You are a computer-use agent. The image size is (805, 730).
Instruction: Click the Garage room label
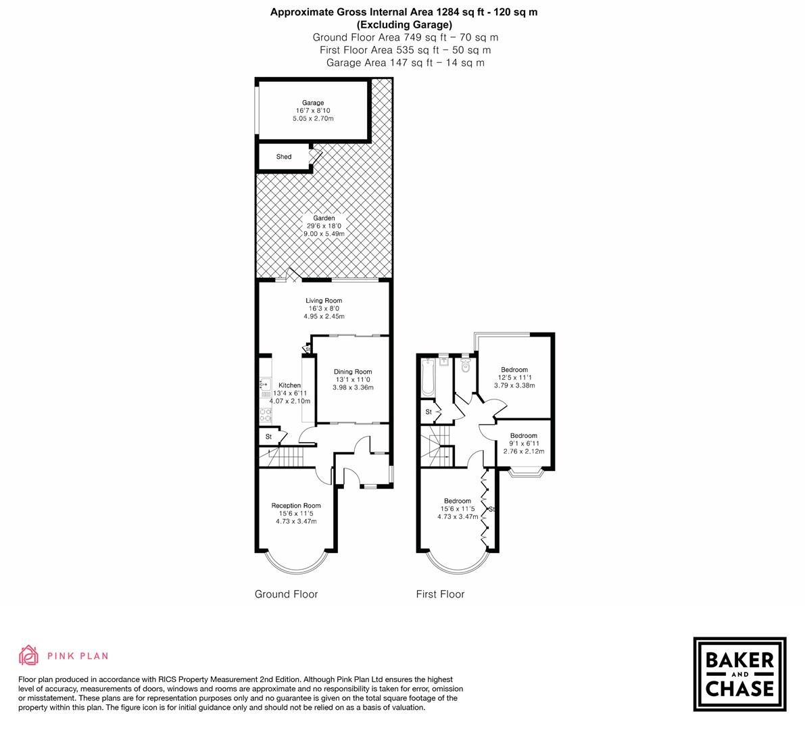pos(313,103)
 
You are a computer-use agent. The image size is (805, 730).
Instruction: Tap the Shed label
pos(284,157)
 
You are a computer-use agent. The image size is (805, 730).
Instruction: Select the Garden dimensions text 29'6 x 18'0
pos(324,226)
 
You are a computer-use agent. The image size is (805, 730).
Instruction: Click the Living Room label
pos(324,301)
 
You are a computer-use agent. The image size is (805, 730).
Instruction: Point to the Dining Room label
pos(353,372)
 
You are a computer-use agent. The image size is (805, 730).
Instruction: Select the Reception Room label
pos(296,506)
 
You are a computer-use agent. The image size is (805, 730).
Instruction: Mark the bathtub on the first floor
pos(427,379)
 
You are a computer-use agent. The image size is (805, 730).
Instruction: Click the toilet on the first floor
pos(465,366)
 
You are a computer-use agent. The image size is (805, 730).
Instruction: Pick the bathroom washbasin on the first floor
pos(443,360)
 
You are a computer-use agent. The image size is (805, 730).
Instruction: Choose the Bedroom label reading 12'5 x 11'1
pos(514,370)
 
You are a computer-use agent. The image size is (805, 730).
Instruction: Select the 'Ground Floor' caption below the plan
pos(286,594)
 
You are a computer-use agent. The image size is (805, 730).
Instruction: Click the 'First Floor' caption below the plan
pos(440,594)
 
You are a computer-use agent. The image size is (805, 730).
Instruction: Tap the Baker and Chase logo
pos(739,674)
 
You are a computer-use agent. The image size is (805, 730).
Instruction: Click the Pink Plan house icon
pos(29,655)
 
